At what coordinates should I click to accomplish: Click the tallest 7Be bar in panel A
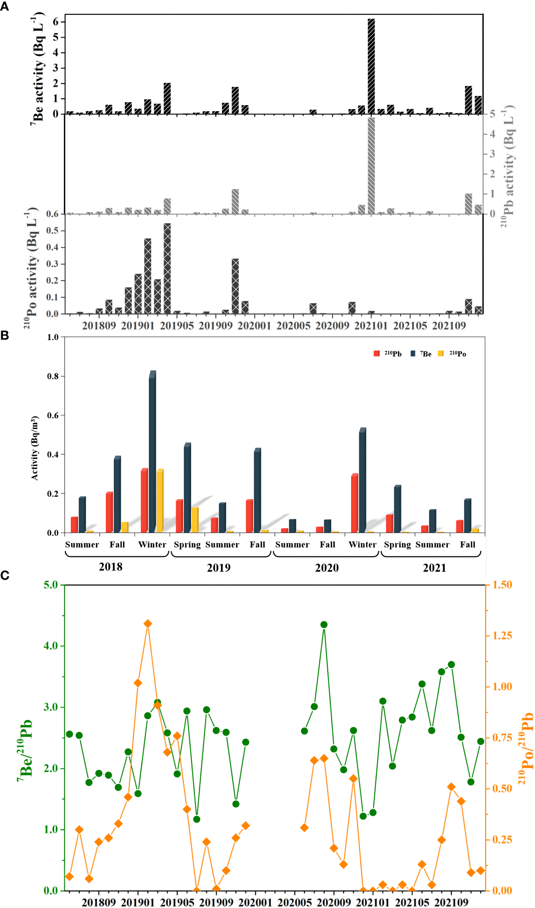pos(371,66)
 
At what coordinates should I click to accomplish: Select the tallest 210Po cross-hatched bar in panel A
pos(167,268)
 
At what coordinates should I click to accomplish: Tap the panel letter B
pos(5,336)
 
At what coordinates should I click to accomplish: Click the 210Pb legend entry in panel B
pos(388,354)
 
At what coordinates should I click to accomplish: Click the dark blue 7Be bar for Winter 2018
pos(152,451)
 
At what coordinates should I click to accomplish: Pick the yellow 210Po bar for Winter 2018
pos(160,501)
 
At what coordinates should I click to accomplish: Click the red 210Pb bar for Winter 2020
pos(354,503)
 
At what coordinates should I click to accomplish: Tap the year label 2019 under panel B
pos(218,568)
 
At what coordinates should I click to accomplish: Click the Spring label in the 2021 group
pos(397,545)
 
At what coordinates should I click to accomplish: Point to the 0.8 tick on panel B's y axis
pos(53,376)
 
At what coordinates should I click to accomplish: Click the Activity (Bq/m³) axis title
pos(35,448)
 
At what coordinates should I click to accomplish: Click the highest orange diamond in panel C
pos(148,624)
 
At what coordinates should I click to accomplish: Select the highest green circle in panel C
pos(324,624)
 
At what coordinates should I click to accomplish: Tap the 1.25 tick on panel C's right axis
pos(502,636)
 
